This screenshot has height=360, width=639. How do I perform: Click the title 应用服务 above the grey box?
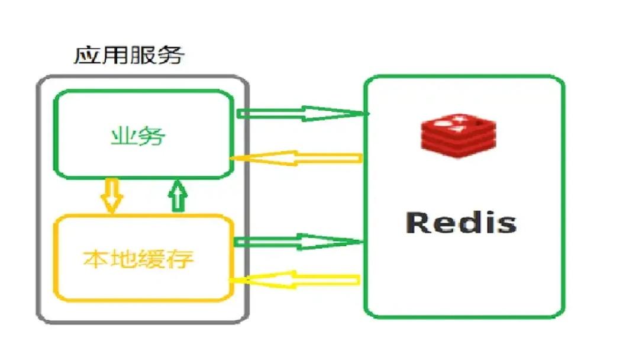[x=129, y=55]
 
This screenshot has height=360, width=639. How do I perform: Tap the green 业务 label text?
[x=138, y=136]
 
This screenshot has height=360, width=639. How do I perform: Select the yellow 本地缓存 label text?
[x=138, y=259]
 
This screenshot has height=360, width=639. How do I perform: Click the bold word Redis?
[x=461, y=223]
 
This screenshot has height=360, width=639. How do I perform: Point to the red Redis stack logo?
[x=459, y=136]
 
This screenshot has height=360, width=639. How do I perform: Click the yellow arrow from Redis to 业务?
[x=296, y=157]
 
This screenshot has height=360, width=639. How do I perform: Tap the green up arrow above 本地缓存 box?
[x=177, y=196]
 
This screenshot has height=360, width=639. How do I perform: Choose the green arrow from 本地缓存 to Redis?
[x=298, y=242]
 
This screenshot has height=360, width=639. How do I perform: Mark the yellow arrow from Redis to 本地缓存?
[x=295, y=279]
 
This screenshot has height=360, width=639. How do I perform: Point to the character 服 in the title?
[x=143, y=56]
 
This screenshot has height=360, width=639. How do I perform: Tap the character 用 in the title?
[x=115, y=56]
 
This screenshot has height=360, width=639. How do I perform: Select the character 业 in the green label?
[x=124, y=136]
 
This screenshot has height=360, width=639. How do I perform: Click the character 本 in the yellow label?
[x=96, y=259]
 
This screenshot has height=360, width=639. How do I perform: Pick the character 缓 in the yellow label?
[x=152, y=259]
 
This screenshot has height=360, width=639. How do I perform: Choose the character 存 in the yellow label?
[x=180, y=259]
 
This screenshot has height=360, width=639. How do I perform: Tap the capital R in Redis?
[x=418, y=223]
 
